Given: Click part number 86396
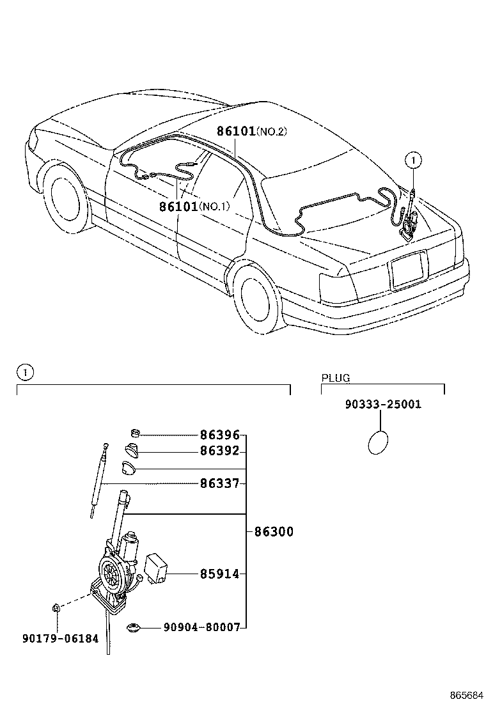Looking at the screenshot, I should (219, 435).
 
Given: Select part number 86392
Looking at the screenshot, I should (219, 451).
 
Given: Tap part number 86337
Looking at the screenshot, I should (219, 484).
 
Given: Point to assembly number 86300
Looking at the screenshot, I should (274, 532).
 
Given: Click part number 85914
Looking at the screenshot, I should (219, 575).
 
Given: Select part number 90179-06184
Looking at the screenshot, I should (58, 638).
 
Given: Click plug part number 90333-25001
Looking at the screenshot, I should (382, 405).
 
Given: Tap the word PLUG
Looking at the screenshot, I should (336, 378).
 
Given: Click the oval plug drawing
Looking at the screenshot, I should (379, 442).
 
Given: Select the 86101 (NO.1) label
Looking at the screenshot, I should (194, 206).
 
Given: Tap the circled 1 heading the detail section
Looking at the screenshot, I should (24, 371).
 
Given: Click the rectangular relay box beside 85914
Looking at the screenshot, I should (157, 567).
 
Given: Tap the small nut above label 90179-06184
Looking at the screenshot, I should (57, 607).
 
